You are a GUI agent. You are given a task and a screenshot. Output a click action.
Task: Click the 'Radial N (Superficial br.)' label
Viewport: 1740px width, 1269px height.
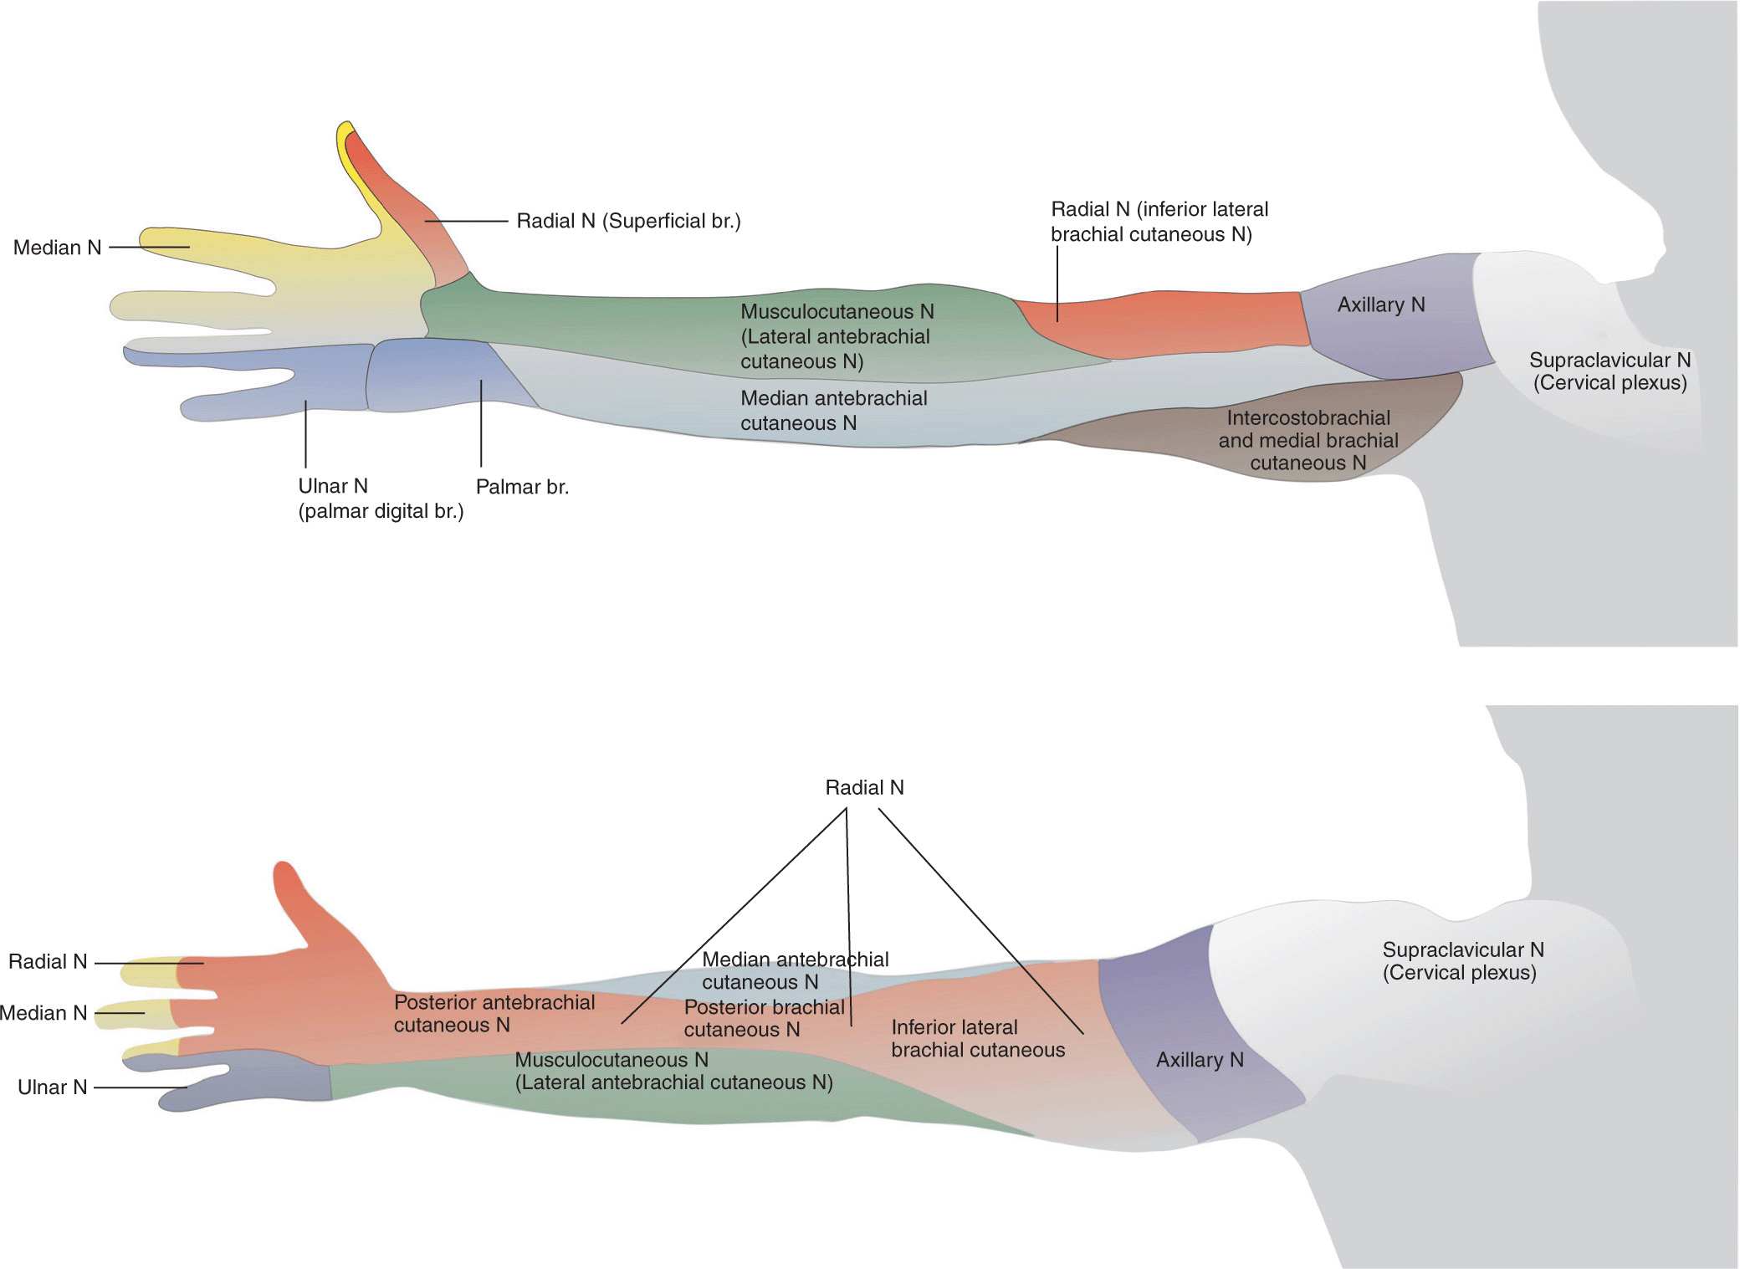[628, 221]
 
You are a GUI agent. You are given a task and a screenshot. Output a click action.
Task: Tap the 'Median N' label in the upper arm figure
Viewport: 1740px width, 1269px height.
[57, 248]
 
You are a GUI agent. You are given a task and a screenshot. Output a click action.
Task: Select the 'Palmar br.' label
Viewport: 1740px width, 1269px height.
[522, 487]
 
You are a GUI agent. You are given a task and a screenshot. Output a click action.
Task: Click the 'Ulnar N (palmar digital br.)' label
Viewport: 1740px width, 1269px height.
[380, 499]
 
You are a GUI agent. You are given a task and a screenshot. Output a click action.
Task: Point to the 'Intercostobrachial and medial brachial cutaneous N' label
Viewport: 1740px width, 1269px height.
[1308, 440]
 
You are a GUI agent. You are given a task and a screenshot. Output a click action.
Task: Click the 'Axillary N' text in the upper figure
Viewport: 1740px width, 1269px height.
[1380, 305]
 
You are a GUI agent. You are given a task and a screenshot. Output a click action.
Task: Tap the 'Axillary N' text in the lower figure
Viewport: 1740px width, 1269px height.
[1199, 1060]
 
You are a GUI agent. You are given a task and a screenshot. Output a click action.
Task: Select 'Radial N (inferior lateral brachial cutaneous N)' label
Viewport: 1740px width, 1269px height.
[1159, 222]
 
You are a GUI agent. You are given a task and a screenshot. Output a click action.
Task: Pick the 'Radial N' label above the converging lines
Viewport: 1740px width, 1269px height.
[864, 788]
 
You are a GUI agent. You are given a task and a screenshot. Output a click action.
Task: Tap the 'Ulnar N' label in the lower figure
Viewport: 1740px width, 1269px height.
[52, 1087]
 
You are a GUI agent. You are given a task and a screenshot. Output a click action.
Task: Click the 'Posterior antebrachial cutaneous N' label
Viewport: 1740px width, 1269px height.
[494, 1014]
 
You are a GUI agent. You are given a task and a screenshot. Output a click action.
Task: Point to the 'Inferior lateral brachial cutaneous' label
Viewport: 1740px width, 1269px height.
[977, 1039]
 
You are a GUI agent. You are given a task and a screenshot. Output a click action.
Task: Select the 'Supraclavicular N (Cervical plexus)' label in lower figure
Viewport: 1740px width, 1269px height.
[1462, 961]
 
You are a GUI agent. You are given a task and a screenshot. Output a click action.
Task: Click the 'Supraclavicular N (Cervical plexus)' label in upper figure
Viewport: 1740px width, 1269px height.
[1609, 371]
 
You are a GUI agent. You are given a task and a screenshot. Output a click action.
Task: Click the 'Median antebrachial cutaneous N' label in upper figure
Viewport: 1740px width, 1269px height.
[833, 411]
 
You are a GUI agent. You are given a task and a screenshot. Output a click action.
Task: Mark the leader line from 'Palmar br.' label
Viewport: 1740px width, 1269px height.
[481, 422]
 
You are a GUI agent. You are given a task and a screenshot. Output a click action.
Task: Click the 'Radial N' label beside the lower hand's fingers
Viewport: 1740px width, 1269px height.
[48, 962]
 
